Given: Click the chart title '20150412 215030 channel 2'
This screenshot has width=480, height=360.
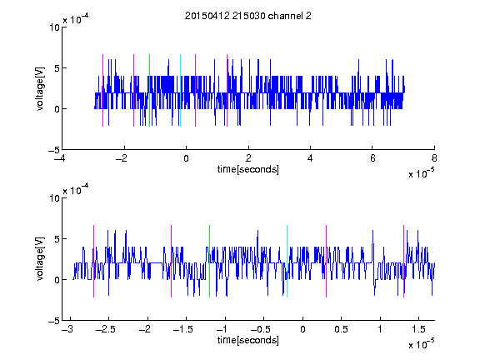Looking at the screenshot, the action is pyautogui.click(x=248, y=16).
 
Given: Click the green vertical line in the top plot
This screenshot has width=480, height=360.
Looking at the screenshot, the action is pyautogui.click(x=149, y=90).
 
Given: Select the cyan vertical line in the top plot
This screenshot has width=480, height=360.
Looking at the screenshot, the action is pyautogui.click(x=180, y=90).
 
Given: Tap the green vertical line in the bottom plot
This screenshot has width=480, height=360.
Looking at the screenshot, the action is pyautogui.click(x=209, y=261).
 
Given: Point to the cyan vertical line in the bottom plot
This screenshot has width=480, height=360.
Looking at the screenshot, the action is pyautogui.click(x=287, y=261).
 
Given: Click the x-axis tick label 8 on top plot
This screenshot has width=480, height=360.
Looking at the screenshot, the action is pyautogui.click(x=434, y=158).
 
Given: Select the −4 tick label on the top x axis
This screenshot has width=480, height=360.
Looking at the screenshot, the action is pyautogui.click(x=60, y=158).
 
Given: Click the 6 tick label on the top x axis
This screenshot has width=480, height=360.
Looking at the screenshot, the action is pyautogui.click(x=372, y=158).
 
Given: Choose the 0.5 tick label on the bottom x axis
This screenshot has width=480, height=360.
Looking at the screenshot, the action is pyautogui.click(x=341, y=329).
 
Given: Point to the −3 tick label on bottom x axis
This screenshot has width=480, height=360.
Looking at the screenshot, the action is pyautogui.click(x=67, y=329).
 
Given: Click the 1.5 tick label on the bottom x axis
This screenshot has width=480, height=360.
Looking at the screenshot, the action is pyautogui.click(x=418, y=329).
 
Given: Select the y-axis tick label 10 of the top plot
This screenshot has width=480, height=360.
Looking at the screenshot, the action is pyautogui.click(x=54, y=27).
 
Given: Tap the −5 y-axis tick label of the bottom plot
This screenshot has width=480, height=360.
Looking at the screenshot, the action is pyautogui.click(x=54, y=321).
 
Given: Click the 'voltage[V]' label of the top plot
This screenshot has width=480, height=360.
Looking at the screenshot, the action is pyautogui.click(x=40, y=88).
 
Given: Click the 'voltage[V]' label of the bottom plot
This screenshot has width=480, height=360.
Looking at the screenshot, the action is pyautogui.click(x=40, y=259).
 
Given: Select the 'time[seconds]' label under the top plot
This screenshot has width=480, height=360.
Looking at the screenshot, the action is pyautogui.click(x=248, y=169).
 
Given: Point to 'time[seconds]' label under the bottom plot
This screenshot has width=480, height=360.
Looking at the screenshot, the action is pyautogui.click(x=248, y=340).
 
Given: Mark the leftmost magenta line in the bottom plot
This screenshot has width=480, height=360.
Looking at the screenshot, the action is pyautogui.click(x=93, y=261).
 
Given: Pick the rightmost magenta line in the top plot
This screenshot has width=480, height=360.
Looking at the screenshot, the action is pyautogui.click(x=227, y=90).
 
